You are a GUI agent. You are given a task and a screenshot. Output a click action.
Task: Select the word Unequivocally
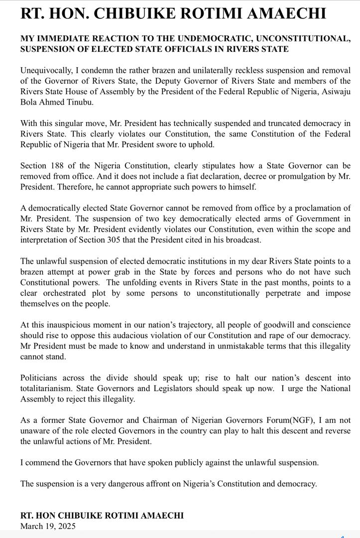(x=44, y=70)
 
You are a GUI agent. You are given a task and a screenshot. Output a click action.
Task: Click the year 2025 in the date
(x=66, y=526)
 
